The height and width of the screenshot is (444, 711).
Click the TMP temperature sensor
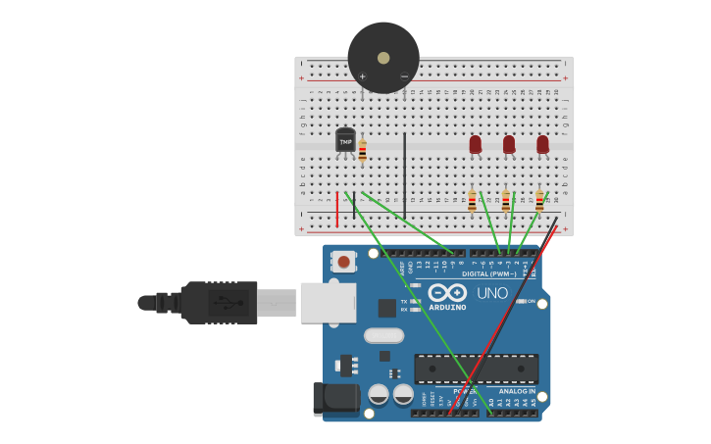345,141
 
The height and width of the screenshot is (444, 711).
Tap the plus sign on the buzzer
362,76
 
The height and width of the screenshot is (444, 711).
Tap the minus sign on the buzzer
404,76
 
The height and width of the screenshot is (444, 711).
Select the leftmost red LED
476,144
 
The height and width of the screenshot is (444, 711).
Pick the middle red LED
509,144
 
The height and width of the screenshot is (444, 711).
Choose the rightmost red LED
542,144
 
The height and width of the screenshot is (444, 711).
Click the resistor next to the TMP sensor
362,151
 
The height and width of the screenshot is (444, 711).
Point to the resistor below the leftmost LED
472,201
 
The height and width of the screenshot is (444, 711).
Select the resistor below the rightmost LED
538,201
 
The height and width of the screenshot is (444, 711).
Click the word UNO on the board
492,293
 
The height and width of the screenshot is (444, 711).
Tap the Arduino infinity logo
447,292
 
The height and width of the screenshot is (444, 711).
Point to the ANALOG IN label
517,391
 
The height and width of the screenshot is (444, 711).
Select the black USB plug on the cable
219,303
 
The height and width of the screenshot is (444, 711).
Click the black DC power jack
335,398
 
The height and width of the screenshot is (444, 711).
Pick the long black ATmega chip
476,369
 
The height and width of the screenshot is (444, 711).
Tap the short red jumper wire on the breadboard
337,209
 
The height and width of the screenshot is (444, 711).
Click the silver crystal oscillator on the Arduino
383,335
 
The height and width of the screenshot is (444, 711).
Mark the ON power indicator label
531,301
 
